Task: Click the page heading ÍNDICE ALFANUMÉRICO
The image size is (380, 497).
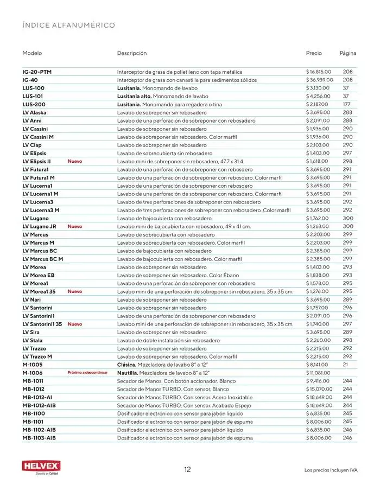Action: coord(68,26)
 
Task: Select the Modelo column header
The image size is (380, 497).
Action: coord(32,53)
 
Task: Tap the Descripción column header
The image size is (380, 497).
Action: coord(132,53)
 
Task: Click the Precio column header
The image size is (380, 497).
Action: coord(314,53)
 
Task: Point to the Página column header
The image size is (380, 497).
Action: coord(347,53)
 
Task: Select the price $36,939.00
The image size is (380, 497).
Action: coord(320,80)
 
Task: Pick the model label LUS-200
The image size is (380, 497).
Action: coord(34,104)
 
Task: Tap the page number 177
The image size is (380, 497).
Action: coord(347,104)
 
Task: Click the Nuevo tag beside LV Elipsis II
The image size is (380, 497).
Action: coord(75,161)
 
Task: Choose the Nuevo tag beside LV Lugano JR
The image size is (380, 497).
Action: coord(75,226)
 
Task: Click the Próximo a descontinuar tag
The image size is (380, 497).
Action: coord(87,373)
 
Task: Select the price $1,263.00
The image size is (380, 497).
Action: coord(318,226)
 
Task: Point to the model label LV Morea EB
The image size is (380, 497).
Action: coord(38,275)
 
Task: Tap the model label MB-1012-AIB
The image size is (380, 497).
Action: coord(39,405)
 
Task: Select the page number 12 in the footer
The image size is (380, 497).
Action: coord(187,470)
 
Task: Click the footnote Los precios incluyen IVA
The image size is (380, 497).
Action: coord(330,470)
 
